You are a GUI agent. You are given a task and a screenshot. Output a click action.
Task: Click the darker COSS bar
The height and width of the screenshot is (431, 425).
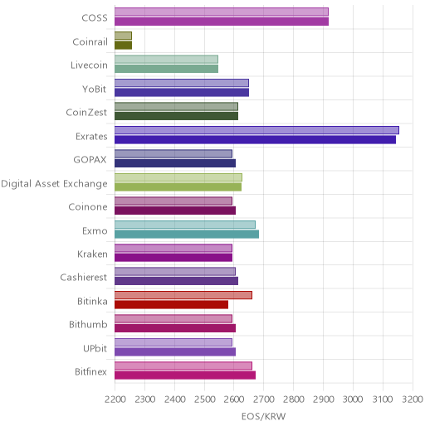222,22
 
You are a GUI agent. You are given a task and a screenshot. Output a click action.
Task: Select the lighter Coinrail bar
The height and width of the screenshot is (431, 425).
124,36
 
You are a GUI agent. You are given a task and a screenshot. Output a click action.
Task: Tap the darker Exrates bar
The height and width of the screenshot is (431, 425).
255,140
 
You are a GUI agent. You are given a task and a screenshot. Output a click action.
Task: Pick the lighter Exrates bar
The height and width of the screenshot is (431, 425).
256,130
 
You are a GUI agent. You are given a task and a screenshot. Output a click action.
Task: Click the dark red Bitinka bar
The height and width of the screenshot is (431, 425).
172,305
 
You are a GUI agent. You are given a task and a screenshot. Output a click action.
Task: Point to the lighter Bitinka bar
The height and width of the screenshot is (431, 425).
183,295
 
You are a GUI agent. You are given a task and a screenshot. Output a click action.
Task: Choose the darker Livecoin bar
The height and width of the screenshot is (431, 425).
167,69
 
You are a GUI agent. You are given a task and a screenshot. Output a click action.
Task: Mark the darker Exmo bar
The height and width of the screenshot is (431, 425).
187,234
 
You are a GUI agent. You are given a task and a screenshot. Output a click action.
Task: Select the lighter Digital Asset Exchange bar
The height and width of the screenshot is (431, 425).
178,177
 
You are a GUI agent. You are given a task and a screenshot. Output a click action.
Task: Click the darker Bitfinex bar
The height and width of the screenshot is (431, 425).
185,375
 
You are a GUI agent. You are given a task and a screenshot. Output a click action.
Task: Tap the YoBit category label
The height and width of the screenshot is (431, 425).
95,90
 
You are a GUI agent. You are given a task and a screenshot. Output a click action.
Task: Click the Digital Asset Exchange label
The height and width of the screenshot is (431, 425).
54,184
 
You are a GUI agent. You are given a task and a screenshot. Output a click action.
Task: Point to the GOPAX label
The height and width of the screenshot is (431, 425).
90,160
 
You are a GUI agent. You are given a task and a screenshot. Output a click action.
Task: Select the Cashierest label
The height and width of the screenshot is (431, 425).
84,278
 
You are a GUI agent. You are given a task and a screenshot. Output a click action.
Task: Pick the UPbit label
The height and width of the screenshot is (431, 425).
95,348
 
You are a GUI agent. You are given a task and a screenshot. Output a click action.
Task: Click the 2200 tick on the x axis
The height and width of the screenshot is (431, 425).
115,400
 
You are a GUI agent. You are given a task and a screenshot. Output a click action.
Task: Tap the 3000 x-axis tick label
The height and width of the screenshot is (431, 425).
353,400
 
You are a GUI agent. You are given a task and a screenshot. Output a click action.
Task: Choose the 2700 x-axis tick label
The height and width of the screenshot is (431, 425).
264,400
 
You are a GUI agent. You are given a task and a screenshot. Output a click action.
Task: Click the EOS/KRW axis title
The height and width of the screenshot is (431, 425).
263,416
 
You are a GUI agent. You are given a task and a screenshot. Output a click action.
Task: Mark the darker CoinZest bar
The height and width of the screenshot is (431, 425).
177,116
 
